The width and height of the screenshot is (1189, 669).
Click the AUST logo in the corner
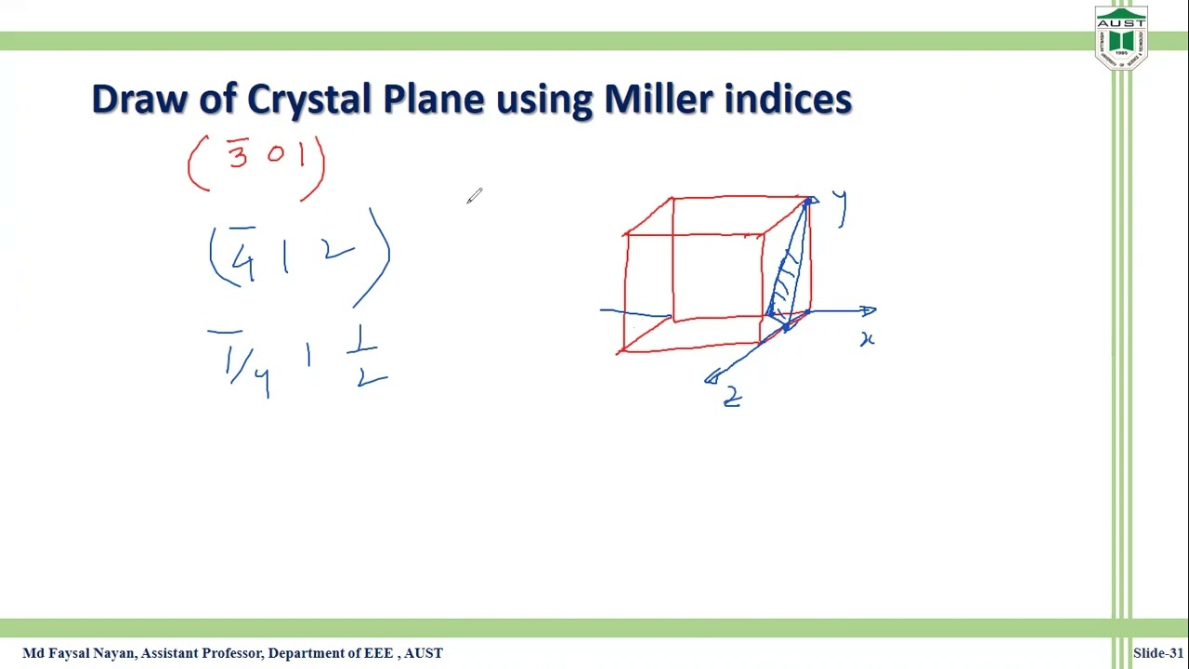tap(1121, 38)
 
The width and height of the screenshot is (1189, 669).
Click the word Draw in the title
tap(139, 98)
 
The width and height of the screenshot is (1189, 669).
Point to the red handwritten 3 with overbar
tap(238, 153)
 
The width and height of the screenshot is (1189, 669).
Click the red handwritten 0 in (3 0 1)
tap(275, 155)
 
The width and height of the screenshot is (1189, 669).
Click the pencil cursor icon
tap(475, 195)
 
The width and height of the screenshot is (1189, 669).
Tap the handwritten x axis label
tap(867, 340)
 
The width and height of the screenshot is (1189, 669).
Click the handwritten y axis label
tap(840, 207)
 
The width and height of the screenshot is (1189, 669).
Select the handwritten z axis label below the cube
tap(732, 397)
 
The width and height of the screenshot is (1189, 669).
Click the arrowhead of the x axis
tap(869, 311)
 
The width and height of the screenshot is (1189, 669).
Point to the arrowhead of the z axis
tap(712, 376)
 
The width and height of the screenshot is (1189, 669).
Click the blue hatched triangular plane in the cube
tap(788, 274)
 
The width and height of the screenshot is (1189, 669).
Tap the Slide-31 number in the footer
tap(1157, 653)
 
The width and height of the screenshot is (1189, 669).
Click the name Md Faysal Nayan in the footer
tap(80, 653)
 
